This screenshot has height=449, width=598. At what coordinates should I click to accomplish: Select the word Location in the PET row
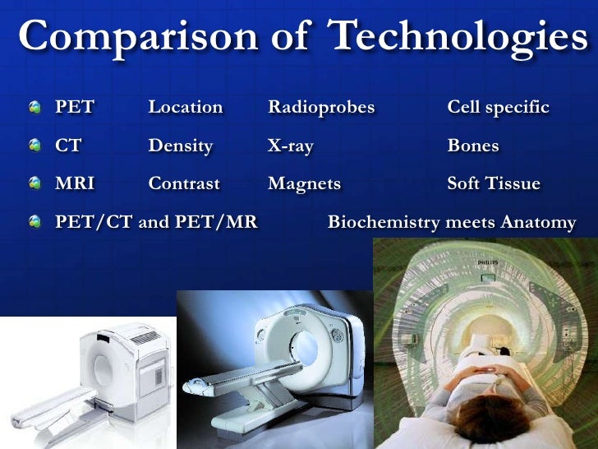(185, 108)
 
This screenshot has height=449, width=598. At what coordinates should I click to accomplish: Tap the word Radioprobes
(321, 108)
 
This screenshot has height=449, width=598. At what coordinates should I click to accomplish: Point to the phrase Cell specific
(498, 108)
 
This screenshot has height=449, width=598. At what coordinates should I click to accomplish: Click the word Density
(180, 146)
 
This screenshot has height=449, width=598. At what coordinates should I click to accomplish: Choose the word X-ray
(291, 146)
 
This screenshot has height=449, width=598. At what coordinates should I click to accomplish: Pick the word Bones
(472, 146)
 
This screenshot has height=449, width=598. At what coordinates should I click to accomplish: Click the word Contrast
(184, 184)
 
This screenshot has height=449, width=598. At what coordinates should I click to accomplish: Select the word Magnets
(304, 184)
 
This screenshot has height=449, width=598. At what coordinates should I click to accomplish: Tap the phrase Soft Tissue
(493, 184)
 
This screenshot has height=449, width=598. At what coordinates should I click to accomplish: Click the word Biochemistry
(383, 223)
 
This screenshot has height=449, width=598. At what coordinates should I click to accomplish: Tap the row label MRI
(74, 184)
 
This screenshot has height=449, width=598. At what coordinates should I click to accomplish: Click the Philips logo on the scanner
(488, 262)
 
